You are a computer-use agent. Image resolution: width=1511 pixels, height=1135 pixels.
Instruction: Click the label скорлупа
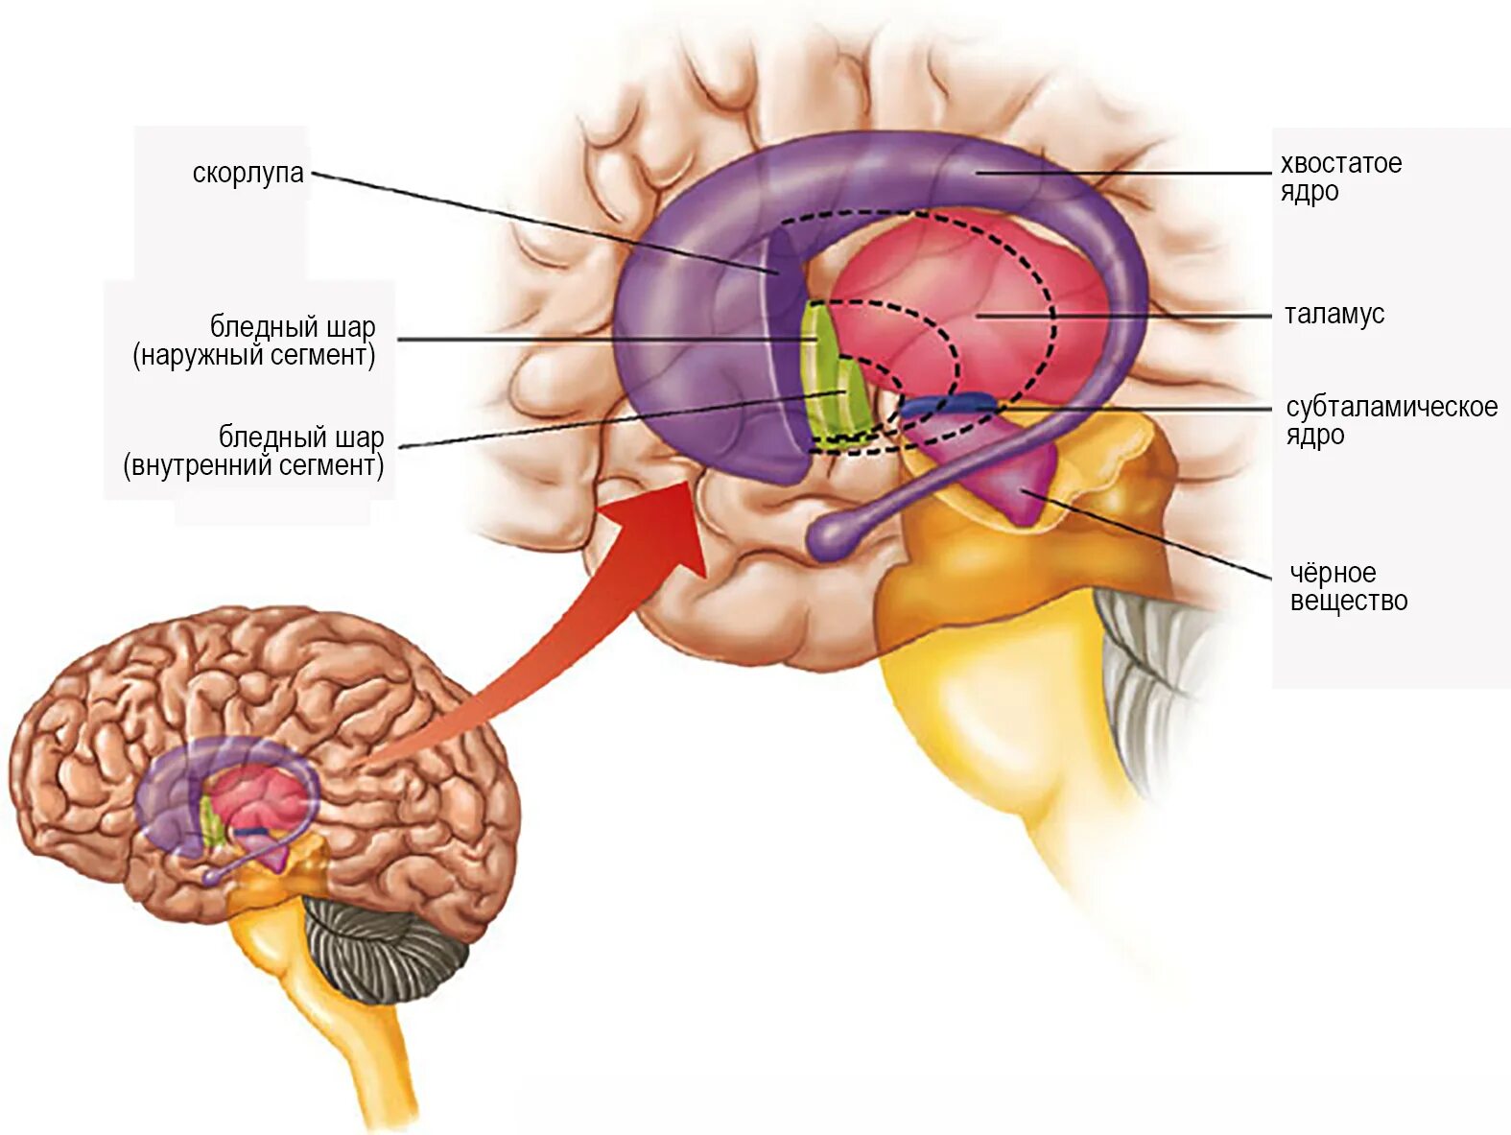pyautogui.click(x=248, y=174)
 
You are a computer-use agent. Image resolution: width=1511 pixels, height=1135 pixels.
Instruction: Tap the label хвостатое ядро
pyautogui.click(x=1340, y=177)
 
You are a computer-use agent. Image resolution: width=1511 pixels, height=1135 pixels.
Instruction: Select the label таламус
pyautogui.click(x=1334, y=315)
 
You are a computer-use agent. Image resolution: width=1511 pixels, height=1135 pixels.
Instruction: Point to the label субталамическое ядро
pyautogui.click(x=1390, y=420)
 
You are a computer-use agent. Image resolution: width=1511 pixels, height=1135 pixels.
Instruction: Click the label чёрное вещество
pyautogui.click(x=1348, y=587)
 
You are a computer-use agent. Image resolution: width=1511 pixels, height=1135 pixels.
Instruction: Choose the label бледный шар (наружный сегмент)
pyautogui.click(x=254, y=341)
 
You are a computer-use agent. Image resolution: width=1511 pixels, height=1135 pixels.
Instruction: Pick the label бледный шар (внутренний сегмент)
pyautogui.click(x=253, y=451)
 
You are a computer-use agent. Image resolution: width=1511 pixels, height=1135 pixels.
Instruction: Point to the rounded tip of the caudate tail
pyautogui.click(x=830, y=537)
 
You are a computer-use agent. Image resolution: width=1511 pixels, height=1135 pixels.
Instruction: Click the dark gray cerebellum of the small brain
pyautogui.click(x=384, y=945)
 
